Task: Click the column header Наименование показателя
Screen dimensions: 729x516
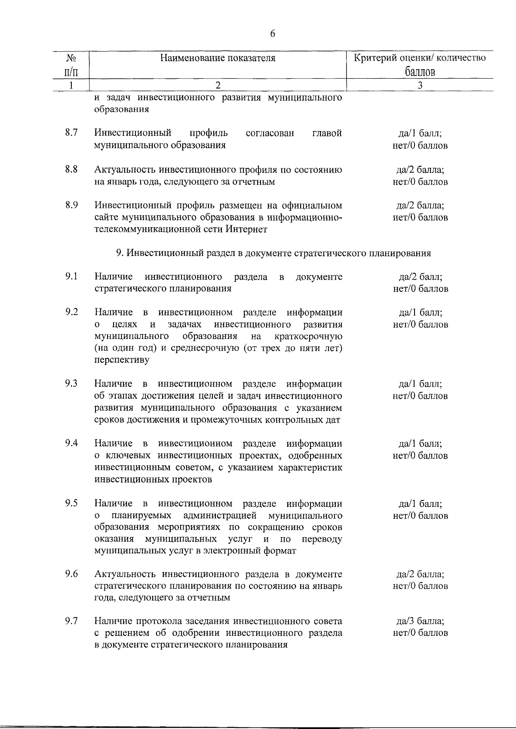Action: click(x=218, y=58)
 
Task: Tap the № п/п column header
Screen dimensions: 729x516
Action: click(x=71, y=64)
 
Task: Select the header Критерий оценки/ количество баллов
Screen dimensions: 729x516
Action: click(x=420, y=64)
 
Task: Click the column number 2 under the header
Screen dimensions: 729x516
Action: click(x=218, y=85)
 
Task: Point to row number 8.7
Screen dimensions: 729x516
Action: click(x=71, y=133)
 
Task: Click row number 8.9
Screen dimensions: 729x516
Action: click(x=71, y=205)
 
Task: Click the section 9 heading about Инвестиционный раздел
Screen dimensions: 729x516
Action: click(x=273, y=253)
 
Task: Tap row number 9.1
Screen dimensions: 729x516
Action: click(x=71, y=277)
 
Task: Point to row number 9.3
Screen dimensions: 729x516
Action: click(x=71, y=384)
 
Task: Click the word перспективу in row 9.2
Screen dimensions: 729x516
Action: click(x=122, y=360)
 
